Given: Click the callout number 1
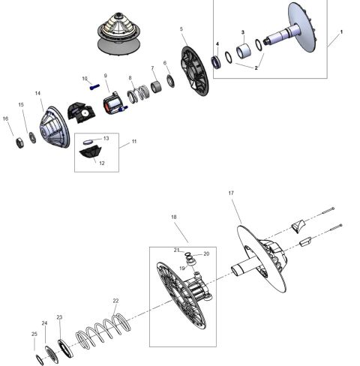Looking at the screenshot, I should [341, 32].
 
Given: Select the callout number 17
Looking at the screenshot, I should [231, 193].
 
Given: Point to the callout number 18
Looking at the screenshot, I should [174, 217].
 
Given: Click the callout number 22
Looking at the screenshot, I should [115, 301].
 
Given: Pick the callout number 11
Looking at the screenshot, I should [134, 141].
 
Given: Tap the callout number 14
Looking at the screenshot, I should [37, 93].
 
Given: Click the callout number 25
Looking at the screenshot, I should [34, 334].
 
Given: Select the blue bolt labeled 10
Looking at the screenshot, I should [94, 86].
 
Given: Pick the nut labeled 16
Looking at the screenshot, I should [14, 142].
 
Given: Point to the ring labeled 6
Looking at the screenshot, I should [170, 80].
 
